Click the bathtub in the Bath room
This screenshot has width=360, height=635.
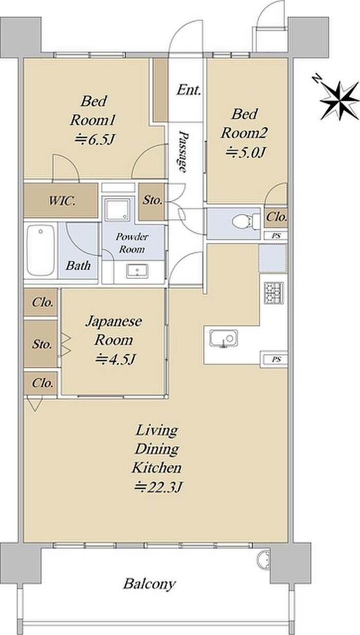pos(41,250)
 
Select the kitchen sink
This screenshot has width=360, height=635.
pos(224,339)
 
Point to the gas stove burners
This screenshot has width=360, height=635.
pos(274,293)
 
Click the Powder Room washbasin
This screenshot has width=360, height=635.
pos(137,271)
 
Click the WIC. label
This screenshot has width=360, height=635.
pos(62,201)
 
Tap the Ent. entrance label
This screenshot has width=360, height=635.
pos(189,90)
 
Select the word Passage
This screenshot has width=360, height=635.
pos(183,151)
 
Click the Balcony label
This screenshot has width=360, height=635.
pos(149,584)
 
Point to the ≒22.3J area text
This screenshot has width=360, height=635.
pos(158,487)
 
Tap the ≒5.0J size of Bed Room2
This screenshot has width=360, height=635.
pos(245,153)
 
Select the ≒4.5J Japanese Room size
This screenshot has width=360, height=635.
pos(115,359)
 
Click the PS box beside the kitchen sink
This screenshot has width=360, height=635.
pos(275,360)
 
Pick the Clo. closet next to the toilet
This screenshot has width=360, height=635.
pos(276,218)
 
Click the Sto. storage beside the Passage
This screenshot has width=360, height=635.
pos(152,201)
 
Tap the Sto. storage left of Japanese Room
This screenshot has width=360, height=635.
pos(42,344)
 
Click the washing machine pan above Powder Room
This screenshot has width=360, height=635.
pos(117,209)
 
